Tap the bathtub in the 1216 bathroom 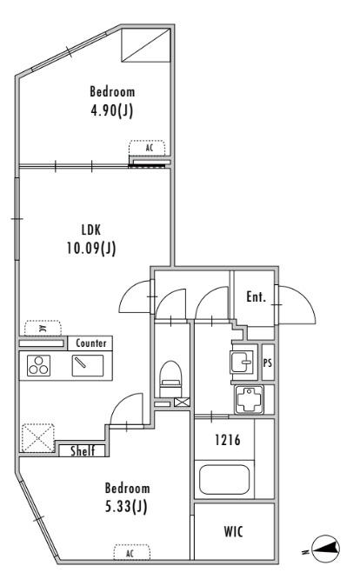coord(224,479)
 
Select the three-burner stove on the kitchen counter coord(39,365)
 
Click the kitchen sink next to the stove coord(88,365)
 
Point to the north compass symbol coord(325,550)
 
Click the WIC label coord(233,532)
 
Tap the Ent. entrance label coord(257,296)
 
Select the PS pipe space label coord(268,363)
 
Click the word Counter coord(90,343)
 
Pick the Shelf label coord(83,451)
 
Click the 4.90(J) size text coord(112,110)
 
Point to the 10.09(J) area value coord(91,248)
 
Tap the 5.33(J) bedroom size coord(126,506)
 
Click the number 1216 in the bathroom coord(228,440)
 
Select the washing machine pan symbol coord(249,400)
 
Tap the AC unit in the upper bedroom coord(147,148)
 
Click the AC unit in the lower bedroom coord(132,553)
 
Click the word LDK coord(90,230)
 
